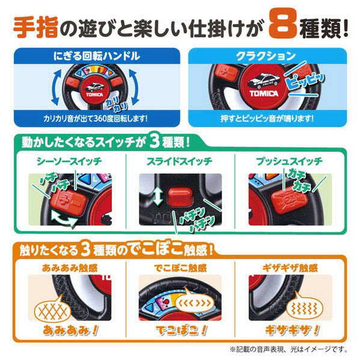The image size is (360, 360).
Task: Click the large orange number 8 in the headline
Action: coord(283,24)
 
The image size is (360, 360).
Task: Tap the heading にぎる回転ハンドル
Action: coord(97,56)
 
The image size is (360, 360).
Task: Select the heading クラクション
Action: coord(266,56)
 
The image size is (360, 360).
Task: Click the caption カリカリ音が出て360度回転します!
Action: coord(95,119)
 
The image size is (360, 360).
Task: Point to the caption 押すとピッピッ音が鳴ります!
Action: coord(267,119)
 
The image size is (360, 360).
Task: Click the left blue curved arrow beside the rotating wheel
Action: coord(56,87)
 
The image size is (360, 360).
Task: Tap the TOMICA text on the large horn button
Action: coord(264,93)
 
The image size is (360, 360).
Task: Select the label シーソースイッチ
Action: coord(69,161)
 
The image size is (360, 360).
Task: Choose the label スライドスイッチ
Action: coord(179,161)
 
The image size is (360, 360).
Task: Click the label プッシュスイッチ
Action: coord(290,161)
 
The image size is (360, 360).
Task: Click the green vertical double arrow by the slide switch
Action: coord(158,196)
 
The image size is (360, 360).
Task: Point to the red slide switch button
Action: coord(179,197)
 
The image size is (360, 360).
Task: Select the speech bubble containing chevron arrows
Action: coord(194,302)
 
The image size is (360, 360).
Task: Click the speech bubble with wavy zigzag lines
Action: coord(305,308)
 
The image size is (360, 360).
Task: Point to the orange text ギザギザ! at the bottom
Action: coord(292,331)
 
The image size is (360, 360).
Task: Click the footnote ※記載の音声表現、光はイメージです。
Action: coord(289,350)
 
